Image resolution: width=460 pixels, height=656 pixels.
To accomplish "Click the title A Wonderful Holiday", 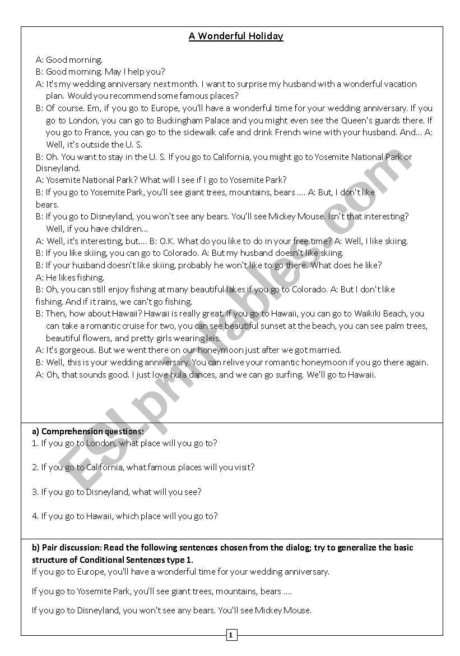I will [x=236, y=36].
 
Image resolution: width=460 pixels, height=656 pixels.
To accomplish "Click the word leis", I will [x=213, y=338].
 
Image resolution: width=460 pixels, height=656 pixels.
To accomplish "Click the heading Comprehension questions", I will [x=88, y=432].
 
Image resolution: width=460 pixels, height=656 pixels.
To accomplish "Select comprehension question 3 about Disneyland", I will [x=117, y=492].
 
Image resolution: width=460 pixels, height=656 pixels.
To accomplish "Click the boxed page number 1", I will [x=231, y=635].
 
